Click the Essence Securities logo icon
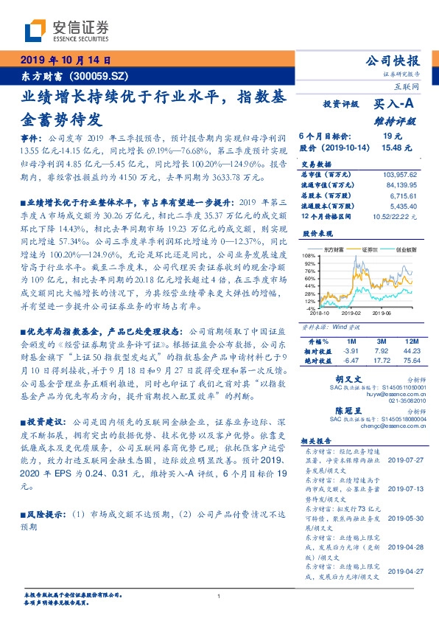[35, 31]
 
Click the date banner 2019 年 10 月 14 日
[65, 60]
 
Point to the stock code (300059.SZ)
[94, 76]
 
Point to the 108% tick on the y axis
[312, 254]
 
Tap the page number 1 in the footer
[219, 596]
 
